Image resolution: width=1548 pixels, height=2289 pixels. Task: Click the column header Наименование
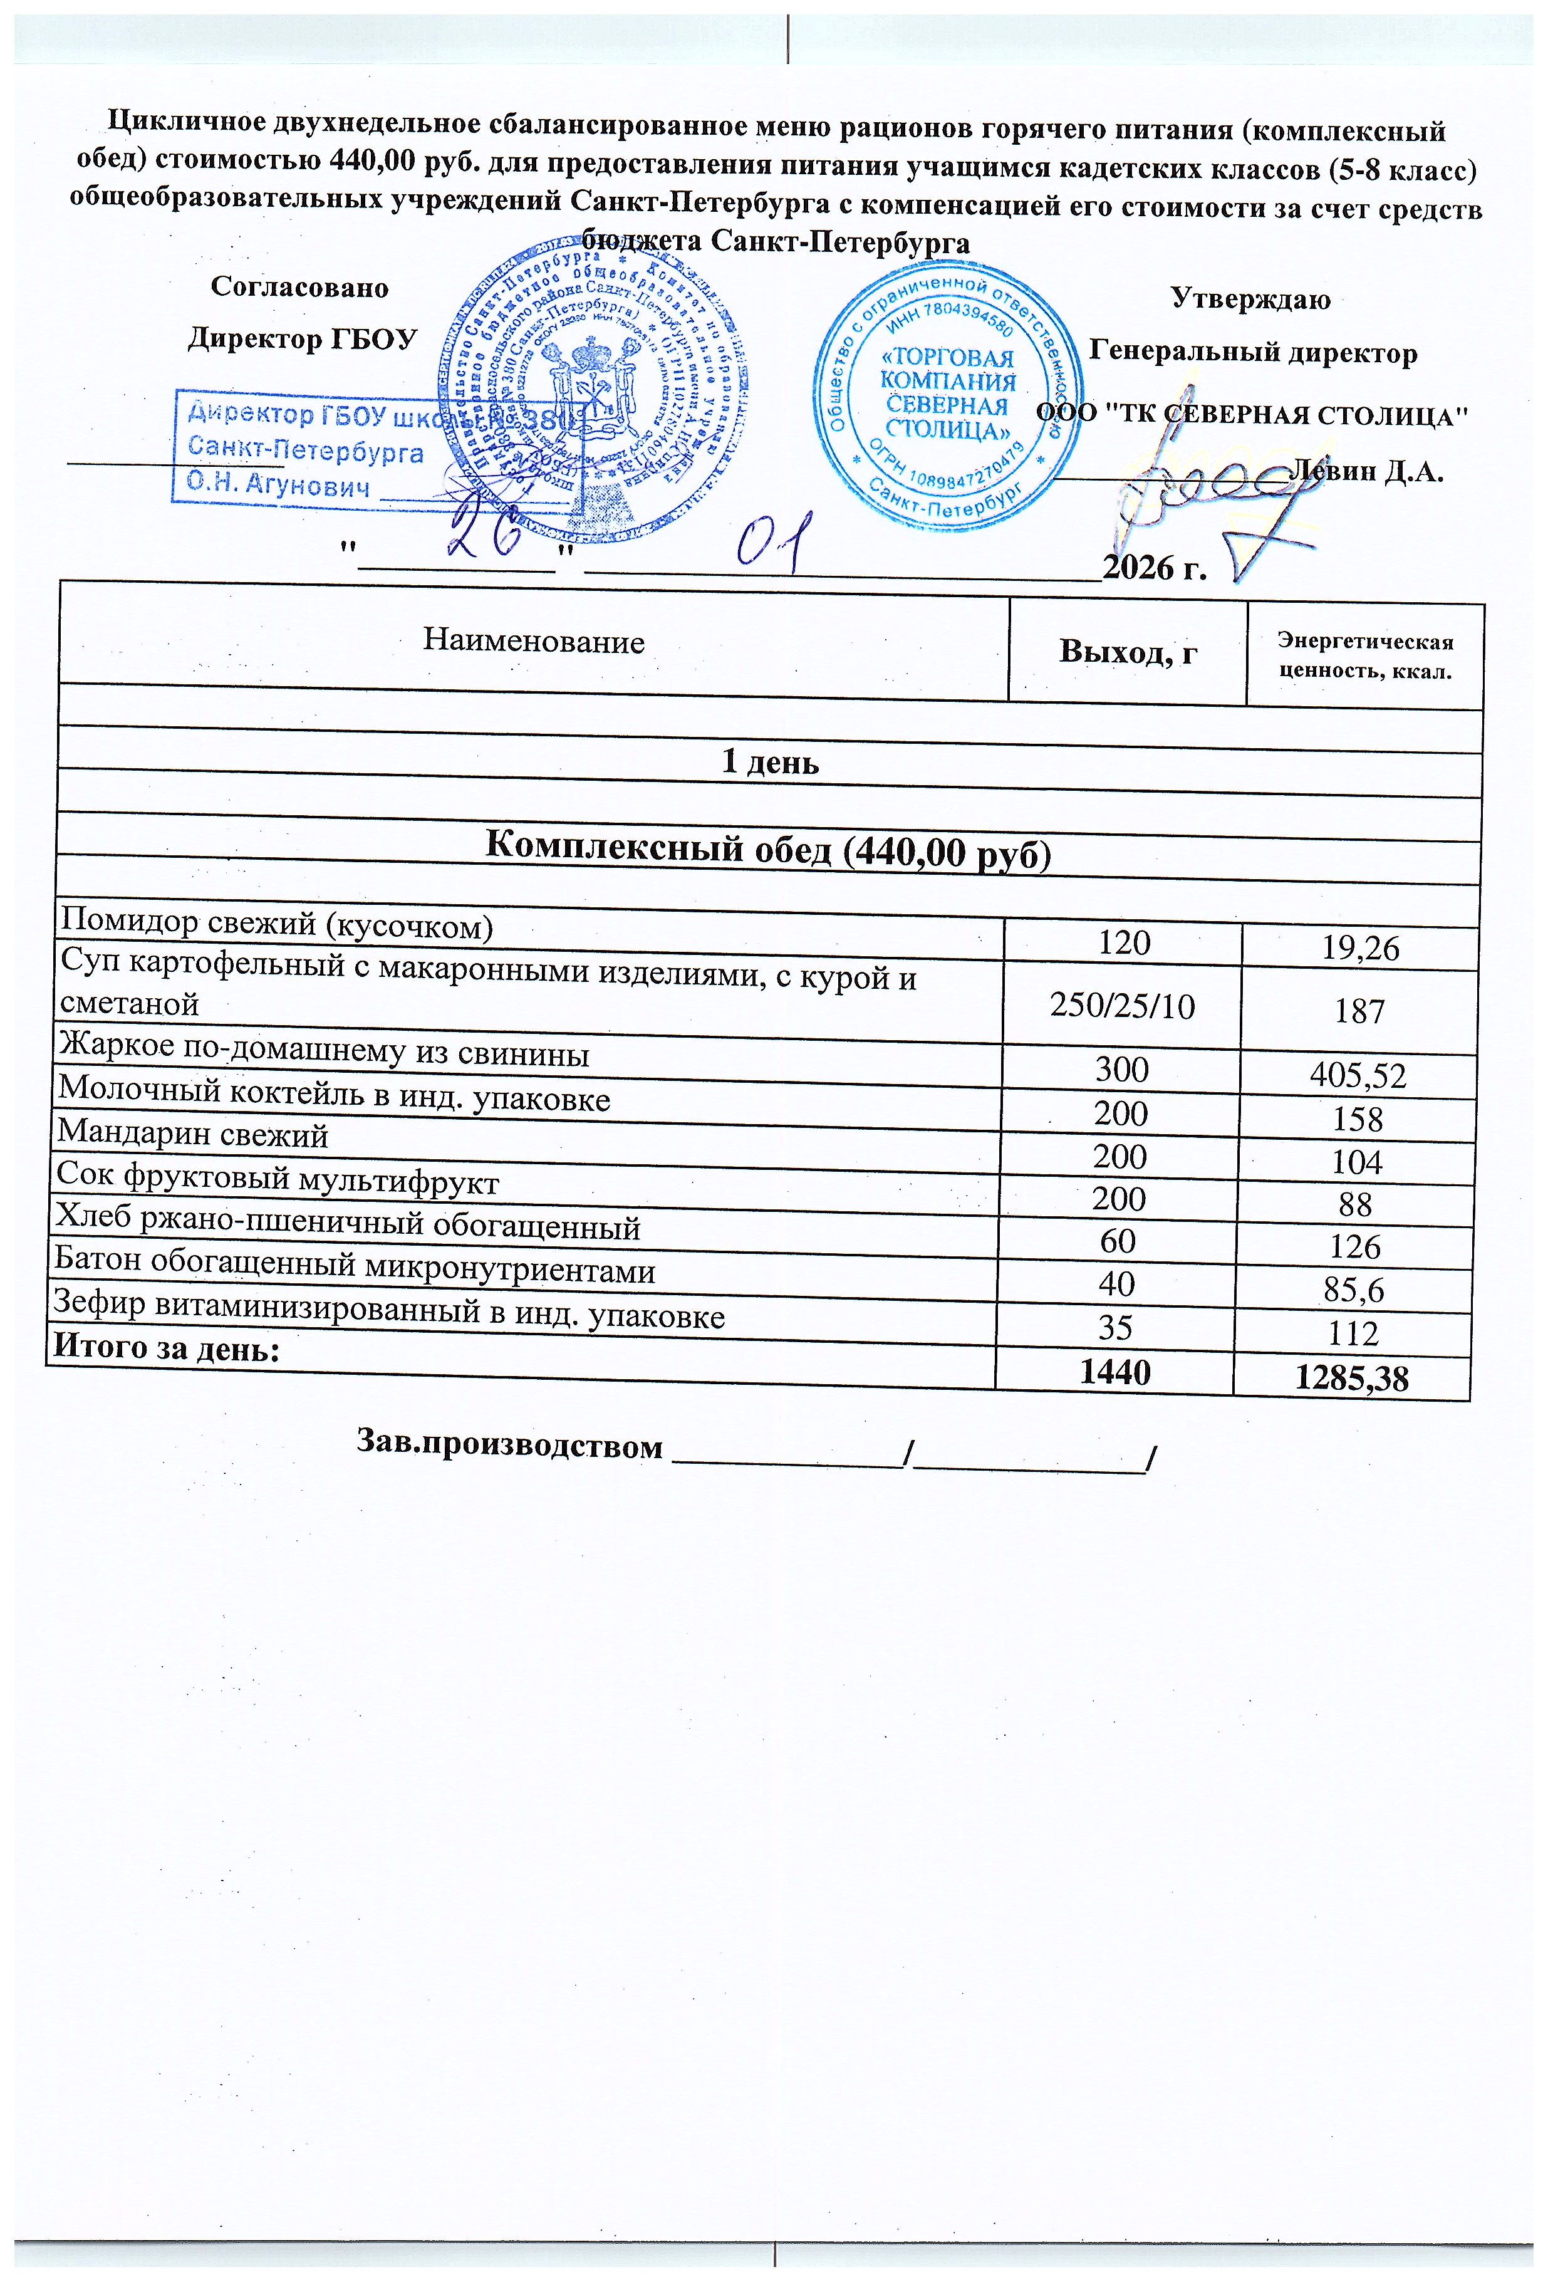point(532,641)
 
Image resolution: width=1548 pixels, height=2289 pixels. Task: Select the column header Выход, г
point(1128,651)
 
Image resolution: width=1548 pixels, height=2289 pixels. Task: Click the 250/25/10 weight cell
point(1123,1006)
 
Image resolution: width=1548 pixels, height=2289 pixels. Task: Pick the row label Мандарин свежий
point(193,1135)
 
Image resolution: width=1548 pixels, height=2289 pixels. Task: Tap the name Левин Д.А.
point(1367,472)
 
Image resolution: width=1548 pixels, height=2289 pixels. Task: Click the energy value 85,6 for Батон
point(1354,1290)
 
